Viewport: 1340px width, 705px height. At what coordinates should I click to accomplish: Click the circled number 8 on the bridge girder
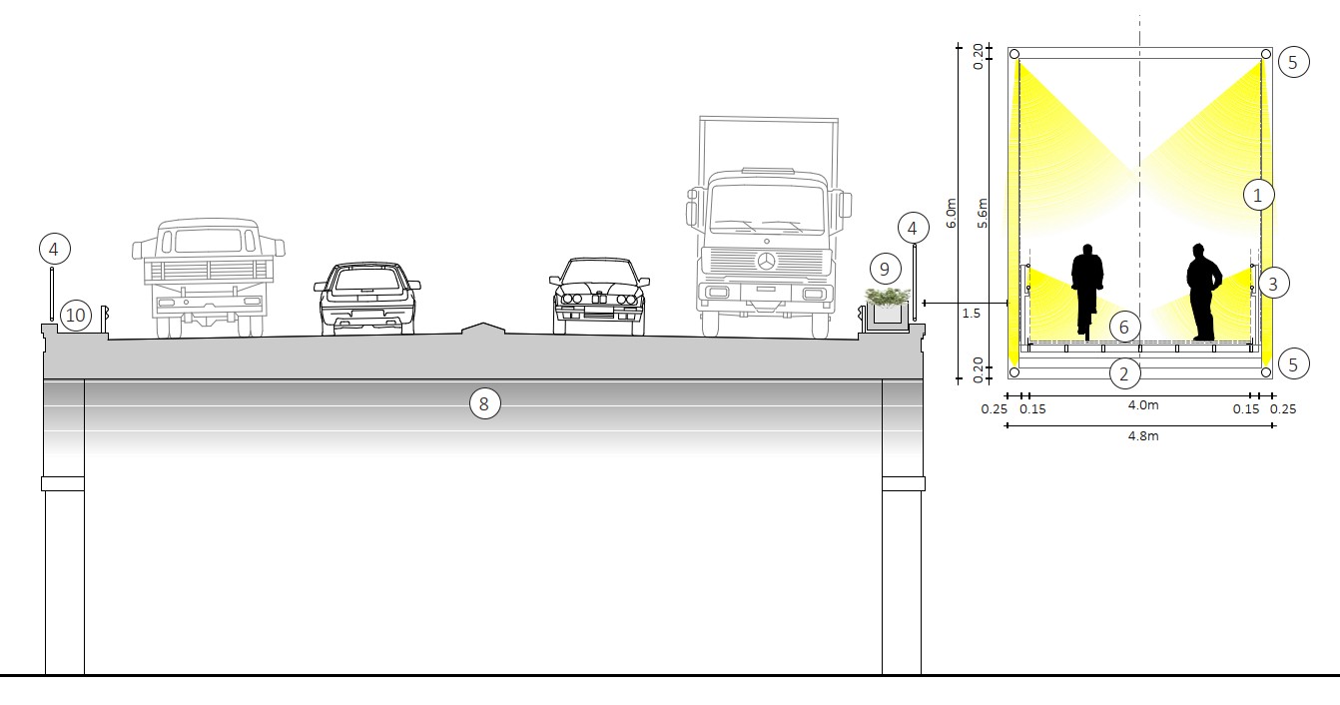484,403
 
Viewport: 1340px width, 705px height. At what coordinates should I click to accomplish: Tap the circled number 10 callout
76,316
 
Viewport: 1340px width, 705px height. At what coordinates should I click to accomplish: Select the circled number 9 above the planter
884,269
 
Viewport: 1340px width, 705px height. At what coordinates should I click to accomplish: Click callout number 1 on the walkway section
1258,195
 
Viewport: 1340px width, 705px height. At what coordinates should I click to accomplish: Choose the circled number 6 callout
1123,327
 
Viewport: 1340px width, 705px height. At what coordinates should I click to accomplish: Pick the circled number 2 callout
1123,374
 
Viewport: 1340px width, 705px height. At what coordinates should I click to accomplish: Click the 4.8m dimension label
1143,435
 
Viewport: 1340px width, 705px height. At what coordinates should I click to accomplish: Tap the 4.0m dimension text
1143,406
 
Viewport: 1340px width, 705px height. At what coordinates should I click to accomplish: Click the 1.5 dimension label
971,314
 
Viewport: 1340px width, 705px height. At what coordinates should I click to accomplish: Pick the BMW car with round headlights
598,297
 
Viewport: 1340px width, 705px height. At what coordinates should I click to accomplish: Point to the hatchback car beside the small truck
366,298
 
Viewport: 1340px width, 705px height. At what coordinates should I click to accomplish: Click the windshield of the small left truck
208,241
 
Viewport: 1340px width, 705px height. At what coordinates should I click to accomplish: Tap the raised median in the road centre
483,329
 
